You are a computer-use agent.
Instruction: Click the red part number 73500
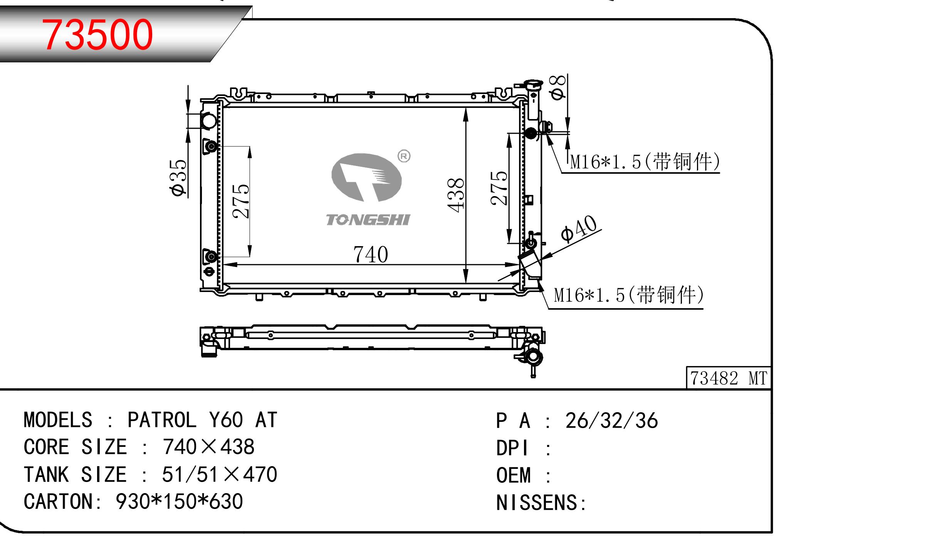98,35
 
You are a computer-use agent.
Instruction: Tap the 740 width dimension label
371,254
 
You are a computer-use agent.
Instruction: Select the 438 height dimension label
456,195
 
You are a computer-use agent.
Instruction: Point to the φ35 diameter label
179,178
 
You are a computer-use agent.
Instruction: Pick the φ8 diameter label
558,87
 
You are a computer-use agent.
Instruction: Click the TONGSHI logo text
368,220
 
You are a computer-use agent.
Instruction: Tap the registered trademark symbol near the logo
404,156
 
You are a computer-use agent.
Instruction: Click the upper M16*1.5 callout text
645,161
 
